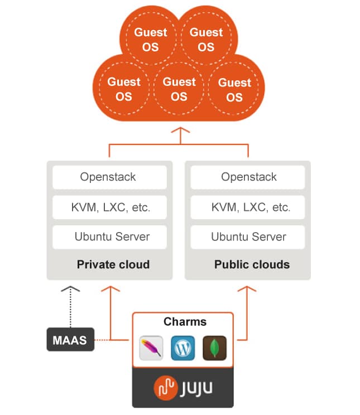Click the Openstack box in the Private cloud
click(x=109, y=177)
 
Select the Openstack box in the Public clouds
click(x=248, y=177)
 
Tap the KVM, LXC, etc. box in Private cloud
click(x=109, y=207)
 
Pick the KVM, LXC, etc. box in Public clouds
click(x=248, y=207)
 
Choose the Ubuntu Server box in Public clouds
click(x=248, y=237)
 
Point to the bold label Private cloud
click(x=113, y=264)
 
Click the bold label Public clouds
click(x=252, y=264)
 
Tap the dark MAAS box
click(x=70, y=339)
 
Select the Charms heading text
click(x=185, y=322)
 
